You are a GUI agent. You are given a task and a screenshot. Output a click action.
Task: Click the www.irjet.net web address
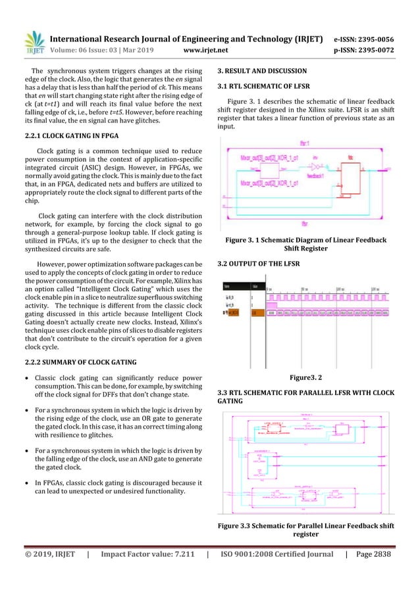[x=206, y=49]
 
